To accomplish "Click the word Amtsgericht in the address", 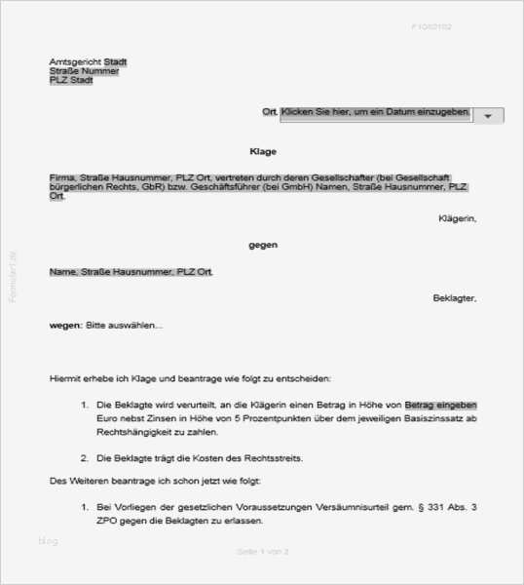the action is point(68,61).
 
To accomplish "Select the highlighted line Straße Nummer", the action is point(85,71).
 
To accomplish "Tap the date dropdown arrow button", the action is point(488,115).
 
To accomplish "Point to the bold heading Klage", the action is point(263,152).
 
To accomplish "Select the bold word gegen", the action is point(263,245).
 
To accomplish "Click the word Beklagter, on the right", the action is point(455,297).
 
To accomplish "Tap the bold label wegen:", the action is point(66,325).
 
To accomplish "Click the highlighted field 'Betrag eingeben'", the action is point(441,404).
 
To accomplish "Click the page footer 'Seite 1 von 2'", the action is point(263,552).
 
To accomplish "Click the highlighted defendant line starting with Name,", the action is point(131,271).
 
